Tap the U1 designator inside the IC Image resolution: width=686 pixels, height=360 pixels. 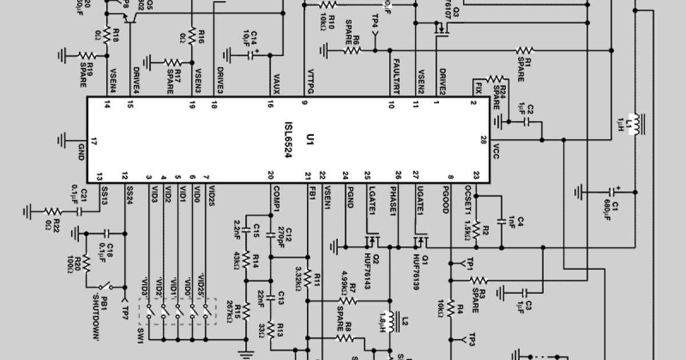(x=309, y=139)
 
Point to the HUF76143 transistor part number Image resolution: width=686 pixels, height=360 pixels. (x=377, y=272)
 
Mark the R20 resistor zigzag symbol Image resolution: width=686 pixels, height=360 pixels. (x=86, y=264)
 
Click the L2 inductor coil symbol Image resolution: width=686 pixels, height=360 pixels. (x=392, y=322)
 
